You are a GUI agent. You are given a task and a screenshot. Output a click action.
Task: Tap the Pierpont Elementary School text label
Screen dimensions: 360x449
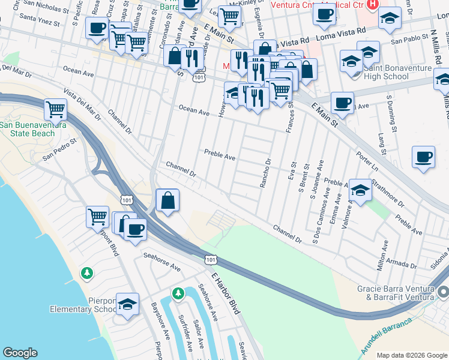pos(83,310)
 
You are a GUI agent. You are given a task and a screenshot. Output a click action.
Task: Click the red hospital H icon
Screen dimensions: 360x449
pos(372,5)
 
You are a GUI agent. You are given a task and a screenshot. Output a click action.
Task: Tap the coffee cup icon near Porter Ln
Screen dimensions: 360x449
pos(423,158)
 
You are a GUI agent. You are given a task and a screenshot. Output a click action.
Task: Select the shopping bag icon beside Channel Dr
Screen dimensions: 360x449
pos(168,201)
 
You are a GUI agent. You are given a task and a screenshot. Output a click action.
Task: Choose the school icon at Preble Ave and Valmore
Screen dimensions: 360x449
pos(360,191)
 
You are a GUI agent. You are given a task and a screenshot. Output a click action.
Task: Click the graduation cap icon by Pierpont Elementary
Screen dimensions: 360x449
pos(127,305)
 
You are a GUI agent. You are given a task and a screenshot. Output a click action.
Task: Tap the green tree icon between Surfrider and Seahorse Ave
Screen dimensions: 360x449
pos(178,293)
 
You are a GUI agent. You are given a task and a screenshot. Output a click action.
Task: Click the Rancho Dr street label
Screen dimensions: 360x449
pos(266,173)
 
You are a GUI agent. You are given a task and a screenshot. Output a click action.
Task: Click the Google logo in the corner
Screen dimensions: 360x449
pos(20,353)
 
